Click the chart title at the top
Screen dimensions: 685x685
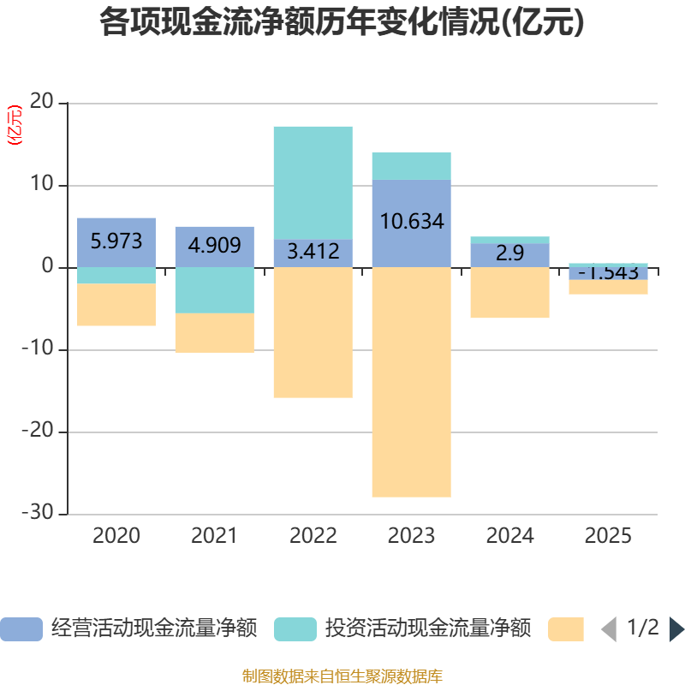[x=342, y=23]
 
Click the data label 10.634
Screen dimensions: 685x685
[x=411, y=222]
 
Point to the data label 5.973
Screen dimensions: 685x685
[x=116, y=241]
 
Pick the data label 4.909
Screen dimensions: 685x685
[x=214, y=246]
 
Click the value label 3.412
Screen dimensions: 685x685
[x=313, y=253]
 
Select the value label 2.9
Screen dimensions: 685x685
[x=509, y=253]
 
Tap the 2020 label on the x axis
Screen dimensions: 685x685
[x=116, y=536]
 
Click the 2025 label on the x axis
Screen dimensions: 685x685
[x=608, y=536]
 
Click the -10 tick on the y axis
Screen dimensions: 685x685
[x=38, y=349]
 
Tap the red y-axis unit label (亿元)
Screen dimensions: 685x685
[x=14, y=125]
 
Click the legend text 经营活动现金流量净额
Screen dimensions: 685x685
[x=154, y=628]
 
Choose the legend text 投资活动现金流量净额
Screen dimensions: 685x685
[x=428, y=628]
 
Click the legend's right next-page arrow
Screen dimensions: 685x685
[x=676, y=629]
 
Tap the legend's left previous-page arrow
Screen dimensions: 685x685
[x=609, y=629]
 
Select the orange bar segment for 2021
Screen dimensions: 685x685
[x=214, y=333]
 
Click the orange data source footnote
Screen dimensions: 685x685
[x=342, y=676]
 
